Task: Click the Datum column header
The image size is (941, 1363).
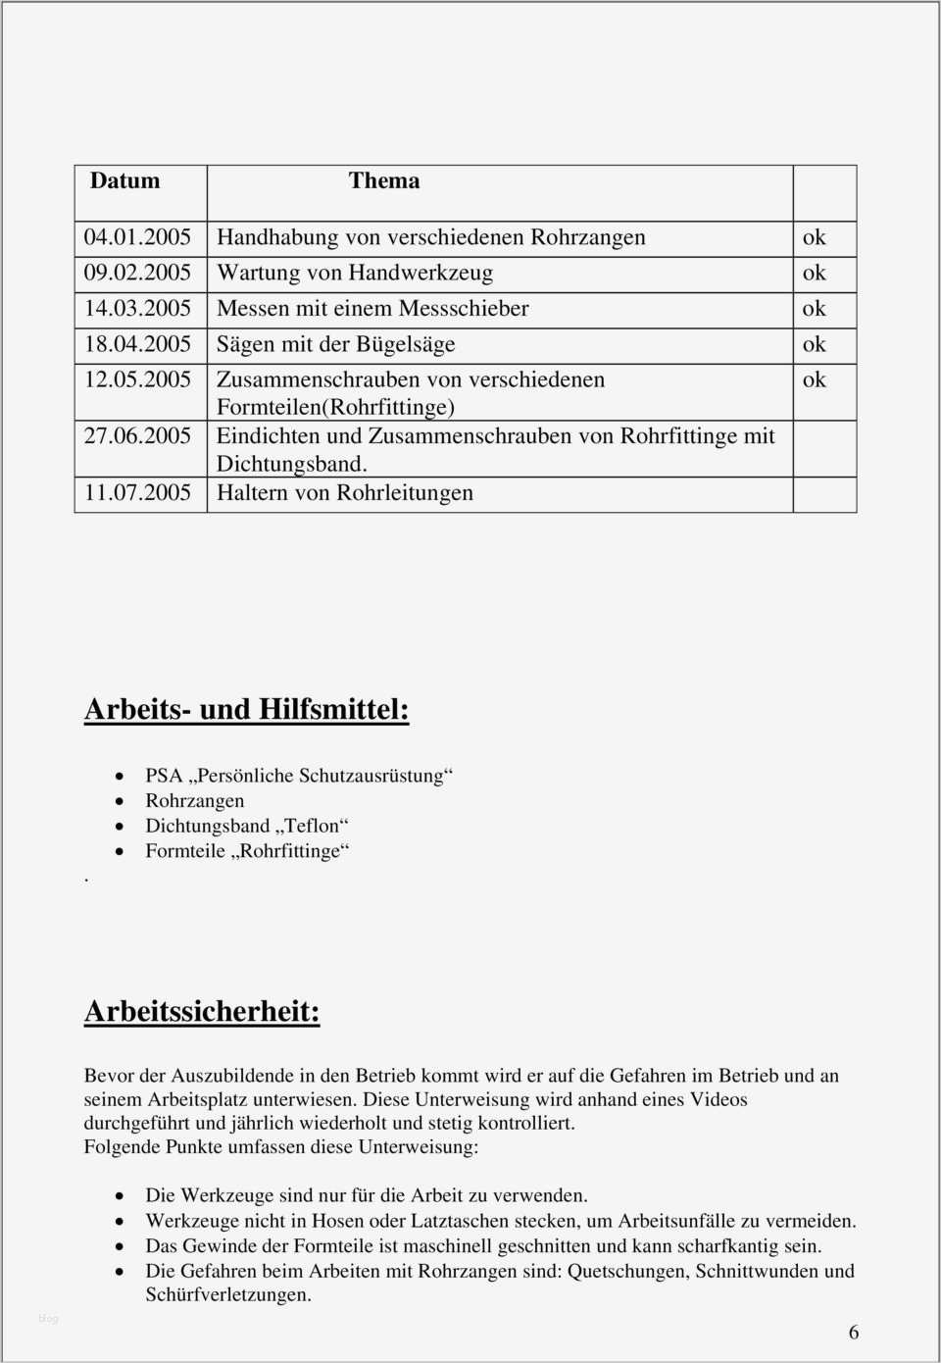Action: coord(124,181)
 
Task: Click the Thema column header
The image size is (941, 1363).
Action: coord(384,181)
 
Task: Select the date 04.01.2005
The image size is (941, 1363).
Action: coord(137,237)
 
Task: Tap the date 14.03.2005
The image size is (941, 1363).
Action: coord(137,309)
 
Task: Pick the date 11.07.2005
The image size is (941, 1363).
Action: coord(137,493)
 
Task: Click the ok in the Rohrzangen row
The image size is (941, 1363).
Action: coord(814,237)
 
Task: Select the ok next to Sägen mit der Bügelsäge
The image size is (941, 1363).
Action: coord(814,344)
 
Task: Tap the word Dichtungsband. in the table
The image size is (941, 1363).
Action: coord(291,464)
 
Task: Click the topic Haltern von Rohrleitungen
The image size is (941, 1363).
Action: coord(344,493)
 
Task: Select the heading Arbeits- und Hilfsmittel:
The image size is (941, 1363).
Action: coord(246,709)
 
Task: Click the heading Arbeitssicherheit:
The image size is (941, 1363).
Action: coord(202,1011)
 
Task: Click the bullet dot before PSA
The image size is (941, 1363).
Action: coord(120,777)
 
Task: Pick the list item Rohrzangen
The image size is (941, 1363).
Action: coord(194,801)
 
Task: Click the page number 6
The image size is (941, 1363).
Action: coord(854,1332)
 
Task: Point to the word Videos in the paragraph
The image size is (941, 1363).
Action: coord(718,1099)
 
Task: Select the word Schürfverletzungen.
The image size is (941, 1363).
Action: coord(228,1294)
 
